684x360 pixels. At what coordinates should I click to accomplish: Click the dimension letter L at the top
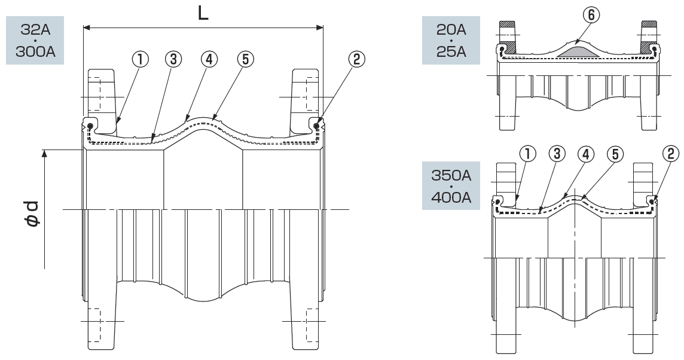click(203, 13)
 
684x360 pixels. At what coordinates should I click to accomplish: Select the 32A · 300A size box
click(35, 41)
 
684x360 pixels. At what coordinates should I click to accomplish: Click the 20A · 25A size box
click(451, 41)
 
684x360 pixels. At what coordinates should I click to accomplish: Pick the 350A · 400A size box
click(451, 185)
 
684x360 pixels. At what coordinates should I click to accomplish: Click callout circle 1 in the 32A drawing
click(141, 60)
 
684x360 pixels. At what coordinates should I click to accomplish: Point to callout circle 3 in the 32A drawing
click(173, 60)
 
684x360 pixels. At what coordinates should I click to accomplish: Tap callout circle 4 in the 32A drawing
click(209, 60)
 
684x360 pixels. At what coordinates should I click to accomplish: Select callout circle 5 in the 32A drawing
click(246, 60)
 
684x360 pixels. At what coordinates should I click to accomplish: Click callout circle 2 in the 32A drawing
click(357, 60)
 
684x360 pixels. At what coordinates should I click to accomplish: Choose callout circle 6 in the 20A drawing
click(591, 15)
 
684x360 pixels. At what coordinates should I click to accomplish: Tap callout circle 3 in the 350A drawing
click(557, 154)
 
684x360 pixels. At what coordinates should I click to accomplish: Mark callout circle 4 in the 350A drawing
click(586, 154)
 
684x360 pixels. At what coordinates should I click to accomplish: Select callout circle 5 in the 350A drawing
click(615, 154)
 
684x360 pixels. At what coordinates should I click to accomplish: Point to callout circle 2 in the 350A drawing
click(670, 154)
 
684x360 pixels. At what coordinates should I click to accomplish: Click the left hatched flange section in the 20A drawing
click(508, 36)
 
